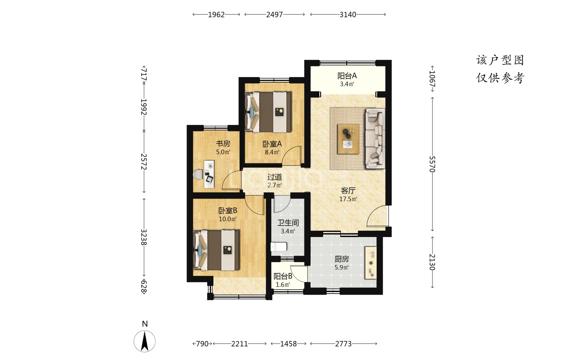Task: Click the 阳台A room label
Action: pos(347,76)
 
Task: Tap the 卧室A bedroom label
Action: pos(272,144)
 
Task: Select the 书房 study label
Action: pos(223,144)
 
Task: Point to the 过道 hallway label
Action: pos(275,177)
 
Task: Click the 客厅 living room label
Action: pos(348,191)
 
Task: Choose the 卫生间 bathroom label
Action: pos(288,223)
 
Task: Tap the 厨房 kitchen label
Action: pos(342,259)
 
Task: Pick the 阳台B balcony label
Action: pos(283,276)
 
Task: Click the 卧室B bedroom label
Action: pos(228,211)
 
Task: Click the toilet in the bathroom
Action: pos(279,247)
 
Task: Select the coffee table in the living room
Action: pos(348,139)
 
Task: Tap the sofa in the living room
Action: pos(374,138)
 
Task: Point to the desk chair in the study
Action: pos(198,174)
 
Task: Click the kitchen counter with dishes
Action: pos(370,263)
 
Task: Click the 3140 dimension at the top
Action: pos(348,14)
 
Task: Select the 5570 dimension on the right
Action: pos(432,164)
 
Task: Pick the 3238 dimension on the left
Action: pos(144,237)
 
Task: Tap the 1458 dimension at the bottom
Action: pos(288,344)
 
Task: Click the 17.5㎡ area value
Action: pos(348,199)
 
